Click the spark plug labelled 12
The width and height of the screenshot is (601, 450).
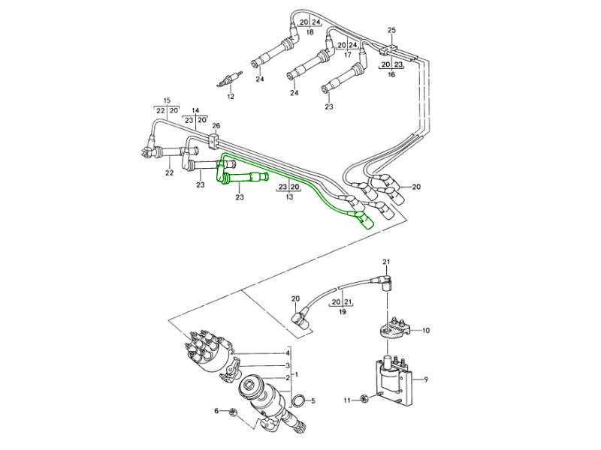(x=230, y=78)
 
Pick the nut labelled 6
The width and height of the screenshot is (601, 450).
(x=231, y=412)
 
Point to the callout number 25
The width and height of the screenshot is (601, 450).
(x=391, y=29)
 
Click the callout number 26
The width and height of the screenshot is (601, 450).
(x=216, y=125)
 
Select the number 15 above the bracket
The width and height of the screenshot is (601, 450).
(x=167, y=100)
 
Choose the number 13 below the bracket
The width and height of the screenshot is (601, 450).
(x=289, y=196)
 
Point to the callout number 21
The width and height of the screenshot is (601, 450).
(x=387, y=261)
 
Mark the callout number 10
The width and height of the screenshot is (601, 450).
(x=425, y=330)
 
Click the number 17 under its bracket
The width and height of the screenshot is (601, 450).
(x=348, y=55)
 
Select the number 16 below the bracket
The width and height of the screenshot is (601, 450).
(x=391, y=75)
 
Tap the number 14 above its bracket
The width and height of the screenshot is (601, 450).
(x=195, y=109)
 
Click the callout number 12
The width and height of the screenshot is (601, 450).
(x=231, y=97)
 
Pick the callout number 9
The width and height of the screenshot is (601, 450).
(x=425, y=380)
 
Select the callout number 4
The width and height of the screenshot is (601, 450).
(x=288, y=353)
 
